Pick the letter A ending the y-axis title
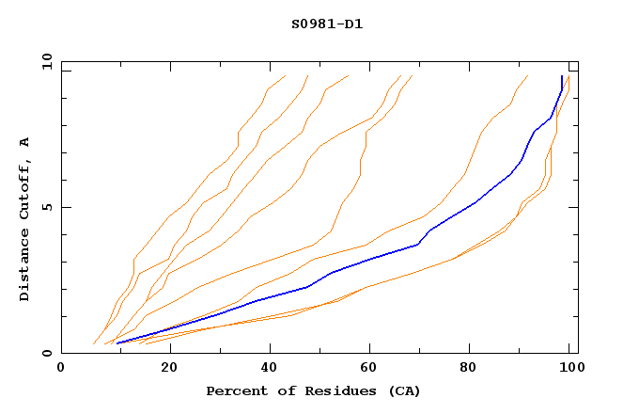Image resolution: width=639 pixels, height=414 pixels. coord(24,142)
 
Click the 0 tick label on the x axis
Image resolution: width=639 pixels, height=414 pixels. coord(61,370)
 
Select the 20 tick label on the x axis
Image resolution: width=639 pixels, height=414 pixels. coord(170,370)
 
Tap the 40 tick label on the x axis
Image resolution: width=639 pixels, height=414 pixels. coord(272,370)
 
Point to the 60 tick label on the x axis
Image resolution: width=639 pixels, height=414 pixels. coord(373,370)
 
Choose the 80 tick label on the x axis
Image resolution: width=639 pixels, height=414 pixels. coord(475,370)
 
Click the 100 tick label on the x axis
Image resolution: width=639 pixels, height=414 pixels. coord(569,370)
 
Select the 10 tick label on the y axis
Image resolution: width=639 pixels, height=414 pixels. coord(43,61)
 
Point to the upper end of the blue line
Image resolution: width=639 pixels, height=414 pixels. coord(562,76)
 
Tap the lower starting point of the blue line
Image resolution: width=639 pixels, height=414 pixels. coord(117,343)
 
